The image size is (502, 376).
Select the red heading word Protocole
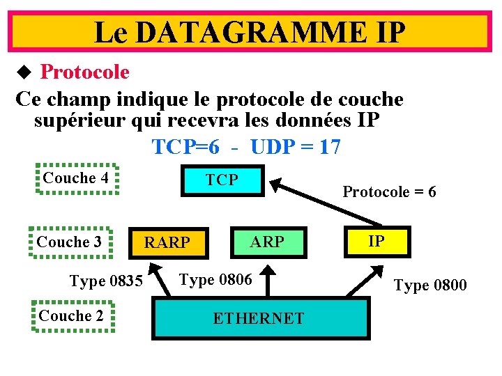84,72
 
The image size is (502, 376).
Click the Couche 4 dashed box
76,178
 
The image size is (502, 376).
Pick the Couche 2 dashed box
71,316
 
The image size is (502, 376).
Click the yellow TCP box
222,180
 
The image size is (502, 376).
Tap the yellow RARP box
167,242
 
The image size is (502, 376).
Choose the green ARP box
267,242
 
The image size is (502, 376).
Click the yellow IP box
376,242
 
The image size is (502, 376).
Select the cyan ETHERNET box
259,318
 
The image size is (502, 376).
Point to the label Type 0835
106,281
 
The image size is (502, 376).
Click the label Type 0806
215,280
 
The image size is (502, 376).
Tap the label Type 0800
430,285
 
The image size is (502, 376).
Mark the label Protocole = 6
389,191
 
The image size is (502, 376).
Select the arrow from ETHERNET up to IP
364,283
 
